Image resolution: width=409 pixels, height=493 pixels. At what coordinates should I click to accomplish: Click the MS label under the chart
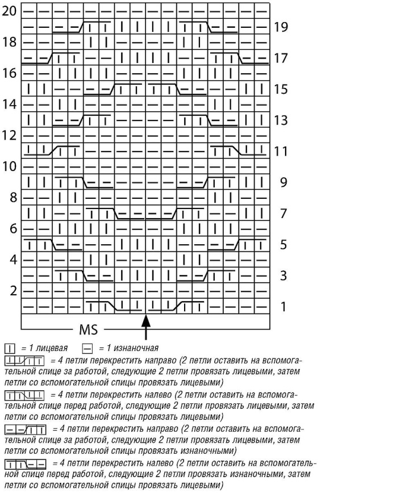point(89,330)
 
